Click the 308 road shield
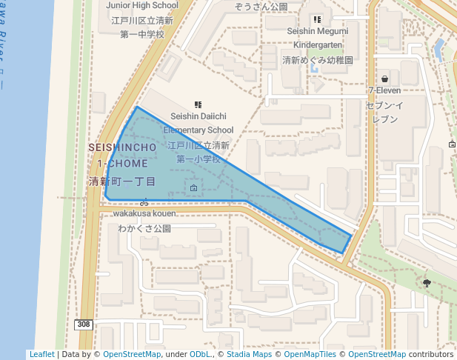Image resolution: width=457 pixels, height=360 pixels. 83,324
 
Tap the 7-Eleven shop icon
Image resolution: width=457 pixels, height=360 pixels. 384,79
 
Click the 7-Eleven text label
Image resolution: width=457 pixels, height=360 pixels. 384,91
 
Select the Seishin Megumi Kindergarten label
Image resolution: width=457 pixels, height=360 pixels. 318,39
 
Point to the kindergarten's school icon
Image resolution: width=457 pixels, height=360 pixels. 318,20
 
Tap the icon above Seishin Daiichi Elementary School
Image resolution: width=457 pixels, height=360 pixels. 198,105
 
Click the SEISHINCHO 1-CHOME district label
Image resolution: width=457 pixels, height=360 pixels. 122,155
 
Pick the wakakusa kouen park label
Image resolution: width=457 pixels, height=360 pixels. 144,213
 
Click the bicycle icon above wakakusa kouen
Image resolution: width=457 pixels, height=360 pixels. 144,201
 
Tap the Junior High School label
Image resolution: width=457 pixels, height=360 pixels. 142,5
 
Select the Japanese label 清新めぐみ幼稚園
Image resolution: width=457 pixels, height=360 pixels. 318,60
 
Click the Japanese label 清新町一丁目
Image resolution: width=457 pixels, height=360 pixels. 122,181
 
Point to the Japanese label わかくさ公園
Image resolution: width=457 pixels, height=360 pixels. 144,229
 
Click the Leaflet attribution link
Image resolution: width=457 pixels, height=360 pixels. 41,354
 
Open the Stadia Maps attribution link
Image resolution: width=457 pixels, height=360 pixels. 249,354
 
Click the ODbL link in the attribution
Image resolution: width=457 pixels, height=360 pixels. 201,354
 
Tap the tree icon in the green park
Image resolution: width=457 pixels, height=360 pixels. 427,282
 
